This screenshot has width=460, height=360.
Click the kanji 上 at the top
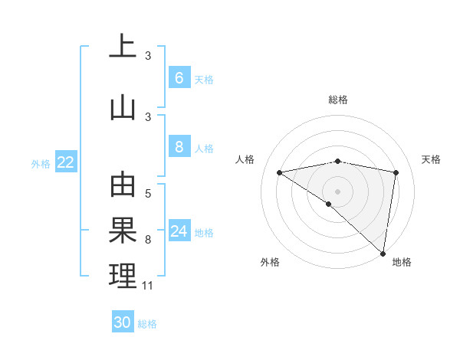(x=123, y=47)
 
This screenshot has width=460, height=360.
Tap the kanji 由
(x=123, y=185)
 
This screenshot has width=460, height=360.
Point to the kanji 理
(x=123, y=276)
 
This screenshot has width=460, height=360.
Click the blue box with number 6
(x=179, y=78)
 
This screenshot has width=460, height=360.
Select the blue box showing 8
(x=179, y=148)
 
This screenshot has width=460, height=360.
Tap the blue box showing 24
(x=179, y=231)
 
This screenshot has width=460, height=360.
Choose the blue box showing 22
(x=66, y=162)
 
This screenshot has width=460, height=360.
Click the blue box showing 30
(x=123, y=322)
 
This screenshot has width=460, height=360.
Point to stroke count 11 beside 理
(x=148, y=286)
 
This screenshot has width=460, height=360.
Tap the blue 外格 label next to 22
(x=41, y=163)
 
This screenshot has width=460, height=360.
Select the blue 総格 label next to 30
(x=147, y=323)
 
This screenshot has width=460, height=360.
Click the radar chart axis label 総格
(x=337, y=100)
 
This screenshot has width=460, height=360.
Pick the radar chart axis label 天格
(x=431, y=159)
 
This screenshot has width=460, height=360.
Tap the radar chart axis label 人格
(x=245, y=159)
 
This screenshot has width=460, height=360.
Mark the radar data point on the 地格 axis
(x=383, y=253)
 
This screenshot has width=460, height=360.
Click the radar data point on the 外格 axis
(x=329, y=204)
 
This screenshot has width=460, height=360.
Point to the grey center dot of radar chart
(x=337, y=191)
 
